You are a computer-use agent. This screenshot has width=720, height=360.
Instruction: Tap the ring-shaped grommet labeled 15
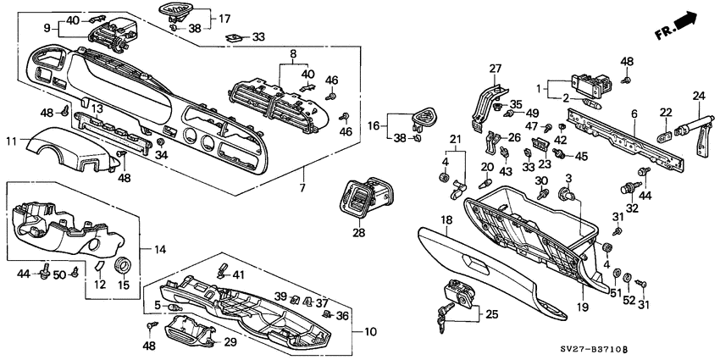click(x=122, y=268)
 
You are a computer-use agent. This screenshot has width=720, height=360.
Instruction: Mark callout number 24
click(x=699, y=96)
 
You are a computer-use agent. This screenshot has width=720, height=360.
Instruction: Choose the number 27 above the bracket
click(x=496, y=69)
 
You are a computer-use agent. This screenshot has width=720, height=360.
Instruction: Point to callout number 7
click(x=303, y=186)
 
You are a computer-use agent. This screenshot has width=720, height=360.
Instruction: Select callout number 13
click(x=97, y=108)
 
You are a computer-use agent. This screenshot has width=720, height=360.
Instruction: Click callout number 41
click(x=238, y=274)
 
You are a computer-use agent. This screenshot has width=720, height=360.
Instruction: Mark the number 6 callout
click(x=634, y=113)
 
